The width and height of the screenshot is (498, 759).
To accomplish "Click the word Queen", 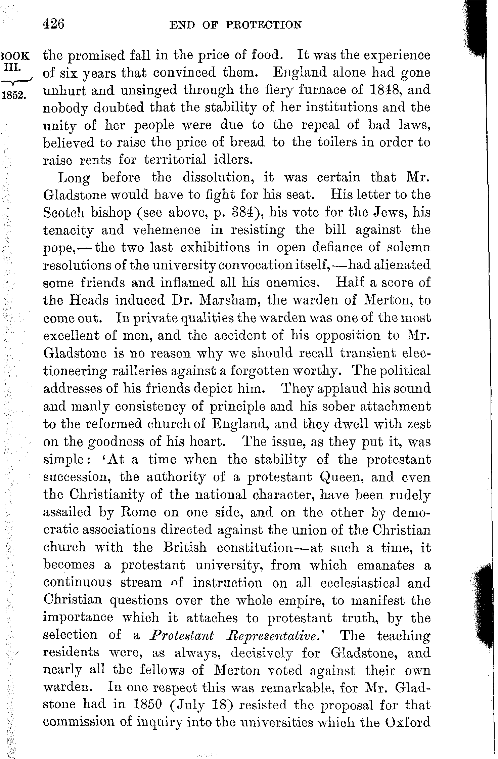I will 342,477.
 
